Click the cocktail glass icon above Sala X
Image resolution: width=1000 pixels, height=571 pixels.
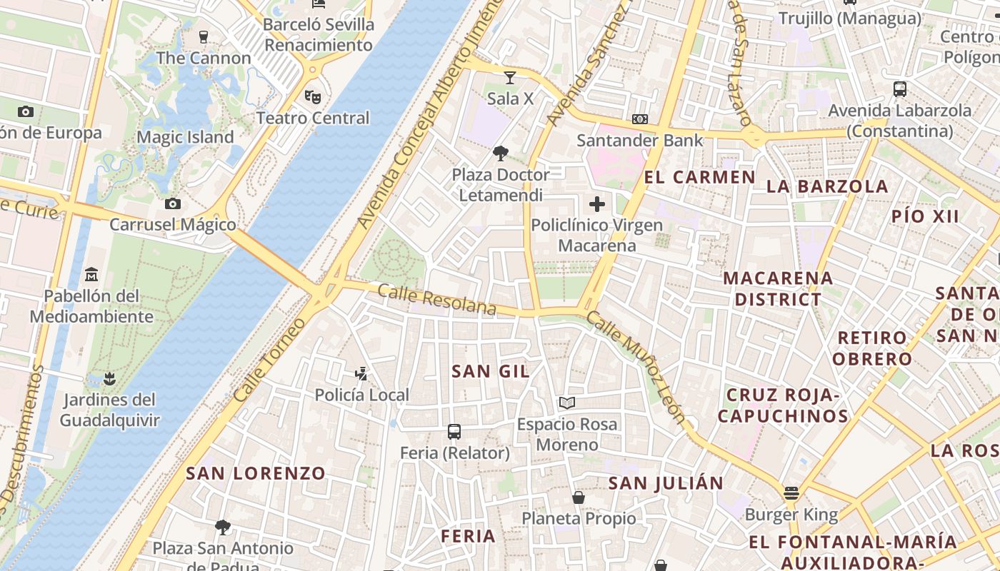[510, 77]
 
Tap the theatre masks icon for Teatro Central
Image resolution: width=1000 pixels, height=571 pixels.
[312, 96]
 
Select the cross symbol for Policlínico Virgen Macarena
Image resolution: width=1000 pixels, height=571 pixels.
[596, 205]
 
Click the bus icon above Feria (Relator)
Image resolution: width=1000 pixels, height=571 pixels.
[454, 431]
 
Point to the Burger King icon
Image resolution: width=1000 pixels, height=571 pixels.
[791, 493]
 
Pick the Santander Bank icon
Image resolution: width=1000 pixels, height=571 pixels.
[640, 119]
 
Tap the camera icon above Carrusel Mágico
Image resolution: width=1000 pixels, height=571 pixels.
[172, 204]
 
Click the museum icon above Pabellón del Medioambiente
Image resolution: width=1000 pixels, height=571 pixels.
[91, 275]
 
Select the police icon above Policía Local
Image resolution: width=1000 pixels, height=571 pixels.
[361, 373]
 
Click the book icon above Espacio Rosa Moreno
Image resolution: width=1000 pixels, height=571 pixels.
[567, 403]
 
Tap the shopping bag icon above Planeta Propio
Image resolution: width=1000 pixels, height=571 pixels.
[579, 497]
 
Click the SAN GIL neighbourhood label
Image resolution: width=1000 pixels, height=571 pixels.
[491, 371]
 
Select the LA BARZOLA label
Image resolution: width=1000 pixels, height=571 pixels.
[827, 187]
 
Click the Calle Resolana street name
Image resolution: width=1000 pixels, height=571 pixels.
[436, 300]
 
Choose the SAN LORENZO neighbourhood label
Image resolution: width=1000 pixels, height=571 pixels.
[256, 473]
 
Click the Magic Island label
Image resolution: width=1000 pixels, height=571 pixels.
[185, 137]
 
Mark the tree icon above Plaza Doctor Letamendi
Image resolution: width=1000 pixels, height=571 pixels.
[501, 153]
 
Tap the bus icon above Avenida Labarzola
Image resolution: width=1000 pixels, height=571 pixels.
[900, 89]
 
